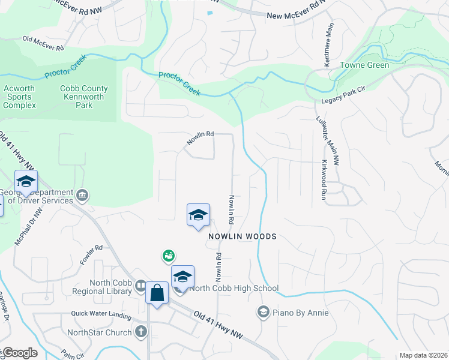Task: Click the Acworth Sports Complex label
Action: coord(19,97)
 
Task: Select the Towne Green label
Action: coord(364,65)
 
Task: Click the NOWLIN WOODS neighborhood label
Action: coord(243,236)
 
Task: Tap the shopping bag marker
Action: coord(157,293)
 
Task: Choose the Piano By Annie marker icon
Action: coord(263,311)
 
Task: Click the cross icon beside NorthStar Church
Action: coord(141,331)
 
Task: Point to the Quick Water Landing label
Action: coord(101,314)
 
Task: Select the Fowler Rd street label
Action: coord(91,256)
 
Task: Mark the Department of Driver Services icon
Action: coord(83,194)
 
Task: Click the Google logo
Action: coord(19,353)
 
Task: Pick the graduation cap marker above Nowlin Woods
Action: coord(198,215)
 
